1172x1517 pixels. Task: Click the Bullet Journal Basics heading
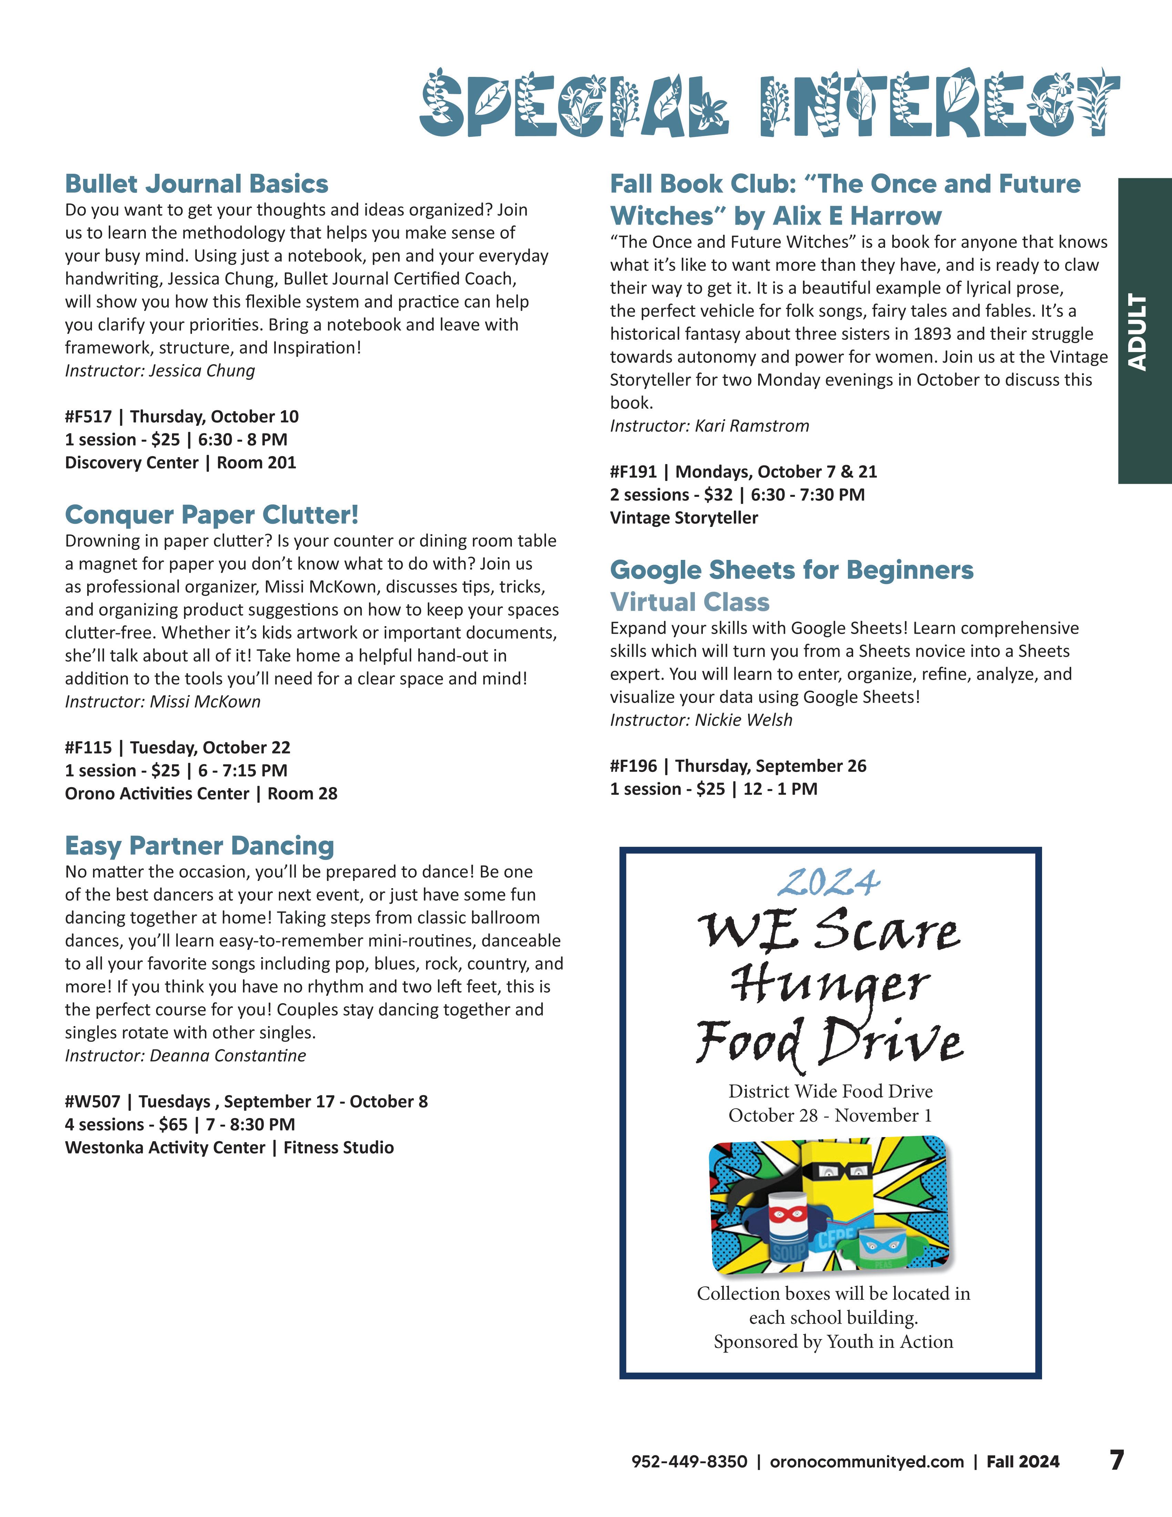196,184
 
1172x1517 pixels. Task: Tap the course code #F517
88,417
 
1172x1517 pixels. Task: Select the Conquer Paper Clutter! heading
212,515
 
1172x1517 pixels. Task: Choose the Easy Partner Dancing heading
199,846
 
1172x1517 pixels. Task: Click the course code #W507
92,1102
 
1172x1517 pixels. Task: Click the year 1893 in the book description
932,334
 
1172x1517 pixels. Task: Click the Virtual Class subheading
689,602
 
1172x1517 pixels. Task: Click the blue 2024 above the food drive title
828,883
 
